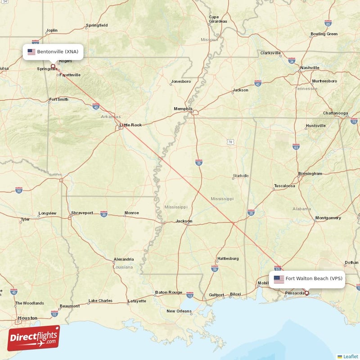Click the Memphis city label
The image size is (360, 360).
pos(183,108)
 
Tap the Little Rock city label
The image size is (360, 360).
pos(130,125)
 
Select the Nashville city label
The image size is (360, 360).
pos(310,67)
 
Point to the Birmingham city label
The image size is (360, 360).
pos(310,173)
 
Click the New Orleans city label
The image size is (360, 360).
pos(179,311)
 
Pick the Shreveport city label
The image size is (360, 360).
pos(82,213)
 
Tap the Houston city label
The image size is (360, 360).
pos(27,318)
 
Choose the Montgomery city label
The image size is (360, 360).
pos(328,218)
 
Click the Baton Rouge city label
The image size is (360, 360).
pos(169,292)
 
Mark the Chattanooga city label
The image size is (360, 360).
pos(335,113)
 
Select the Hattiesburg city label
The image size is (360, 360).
pos(228,259)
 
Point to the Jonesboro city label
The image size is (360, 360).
pos(181,81)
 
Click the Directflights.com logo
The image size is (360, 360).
pos(33,338)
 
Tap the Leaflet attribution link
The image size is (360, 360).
pos(350,356)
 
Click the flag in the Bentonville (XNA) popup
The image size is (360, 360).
pos(31,52)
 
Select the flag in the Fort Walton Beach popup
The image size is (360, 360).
pos(279,279)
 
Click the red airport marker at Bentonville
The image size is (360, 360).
pos(53,66)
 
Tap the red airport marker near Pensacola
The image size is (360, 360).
pos(307,293)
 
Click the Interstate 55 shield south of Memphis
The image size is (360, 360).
pos(199,162)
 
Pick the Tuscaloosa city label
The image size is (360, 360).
pos(284,185)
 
